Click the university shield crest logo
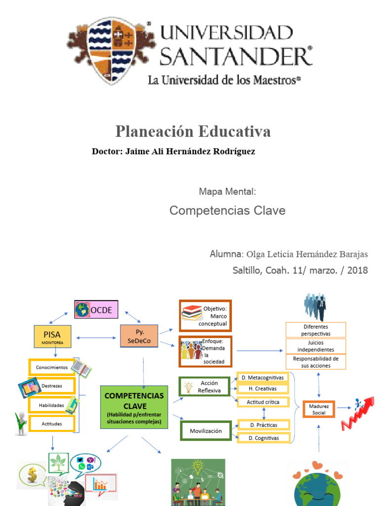click(x=112, y=50)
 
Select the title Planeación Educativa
click(x=193, y=131)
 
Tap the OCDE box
click(x=96, y=310)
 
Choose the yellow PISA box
click(x=52, y=336)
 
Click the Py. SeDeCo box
click(x=139, y=337)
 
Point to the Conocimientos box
click(x=52, y=367)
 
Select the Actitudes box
click(x=52, y=423)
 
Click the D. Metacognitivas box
click(x=263, y=378)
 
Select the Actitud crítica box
click(x=263, y=402)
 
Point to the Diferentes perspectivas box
click(x=316, y=330)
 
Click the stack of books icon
click(x=191, y=312)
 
